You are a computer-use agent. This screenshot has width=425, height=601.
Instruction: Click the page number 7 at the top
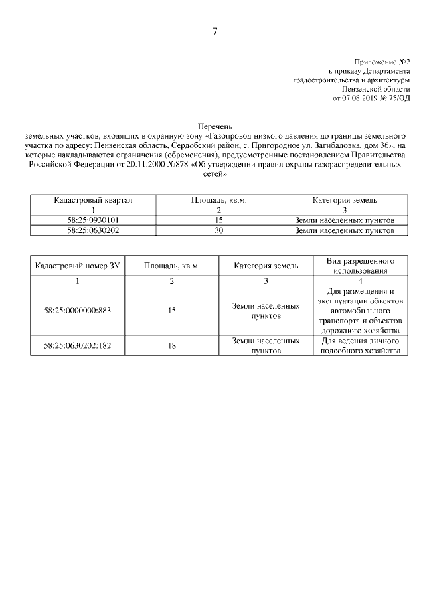[x=214, y=31]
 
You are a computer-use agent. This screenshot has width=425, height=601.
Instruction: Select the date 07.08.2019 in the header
[x=359, y=98]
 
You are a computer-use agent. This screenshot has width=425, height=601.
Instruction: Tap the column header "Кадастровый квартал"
[x=93, y=199]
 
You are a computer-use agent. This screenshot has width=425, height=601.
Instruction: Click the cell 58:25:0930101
[x=93, y=220]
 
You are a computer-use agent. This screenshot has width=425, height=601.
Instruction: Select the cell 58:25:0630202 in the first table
[x=93, y=230]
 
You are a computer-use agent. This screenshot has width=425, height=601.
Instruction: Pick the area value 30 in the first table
[x=219, y=230]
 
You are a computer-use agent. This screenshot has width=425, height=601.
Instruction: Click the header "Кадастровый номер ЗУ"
[x=77, y=266]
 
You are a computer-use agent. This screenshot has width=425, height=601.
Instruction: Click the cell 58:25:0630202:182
[x=77, y=345]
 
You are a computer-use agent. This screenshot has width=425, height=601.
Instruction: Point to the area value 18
[x=172, y=345]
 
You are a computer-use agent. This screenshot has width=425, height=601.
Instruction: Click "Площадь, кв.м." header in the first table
[x=219, y=199]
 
